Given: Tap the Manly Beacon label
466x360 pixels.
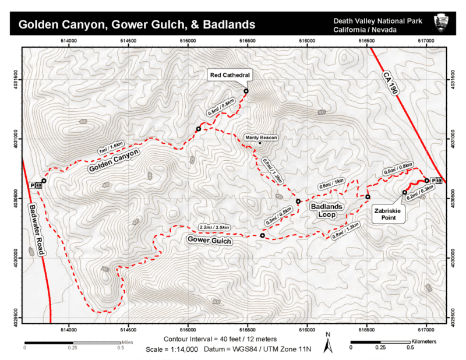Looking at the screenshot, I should click(260, 138).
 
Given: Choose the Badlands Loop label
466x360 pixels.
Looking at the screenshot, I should click(326, 210).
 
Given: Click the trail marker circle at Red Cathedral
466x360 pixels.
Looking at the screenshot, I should click(246, 91).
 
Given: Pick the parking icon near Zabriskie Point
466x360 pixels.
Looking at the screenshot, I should click(438, 181).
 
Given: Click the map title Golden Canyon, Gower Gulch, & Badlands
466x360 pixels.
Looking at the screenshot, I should click(137, 24).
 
